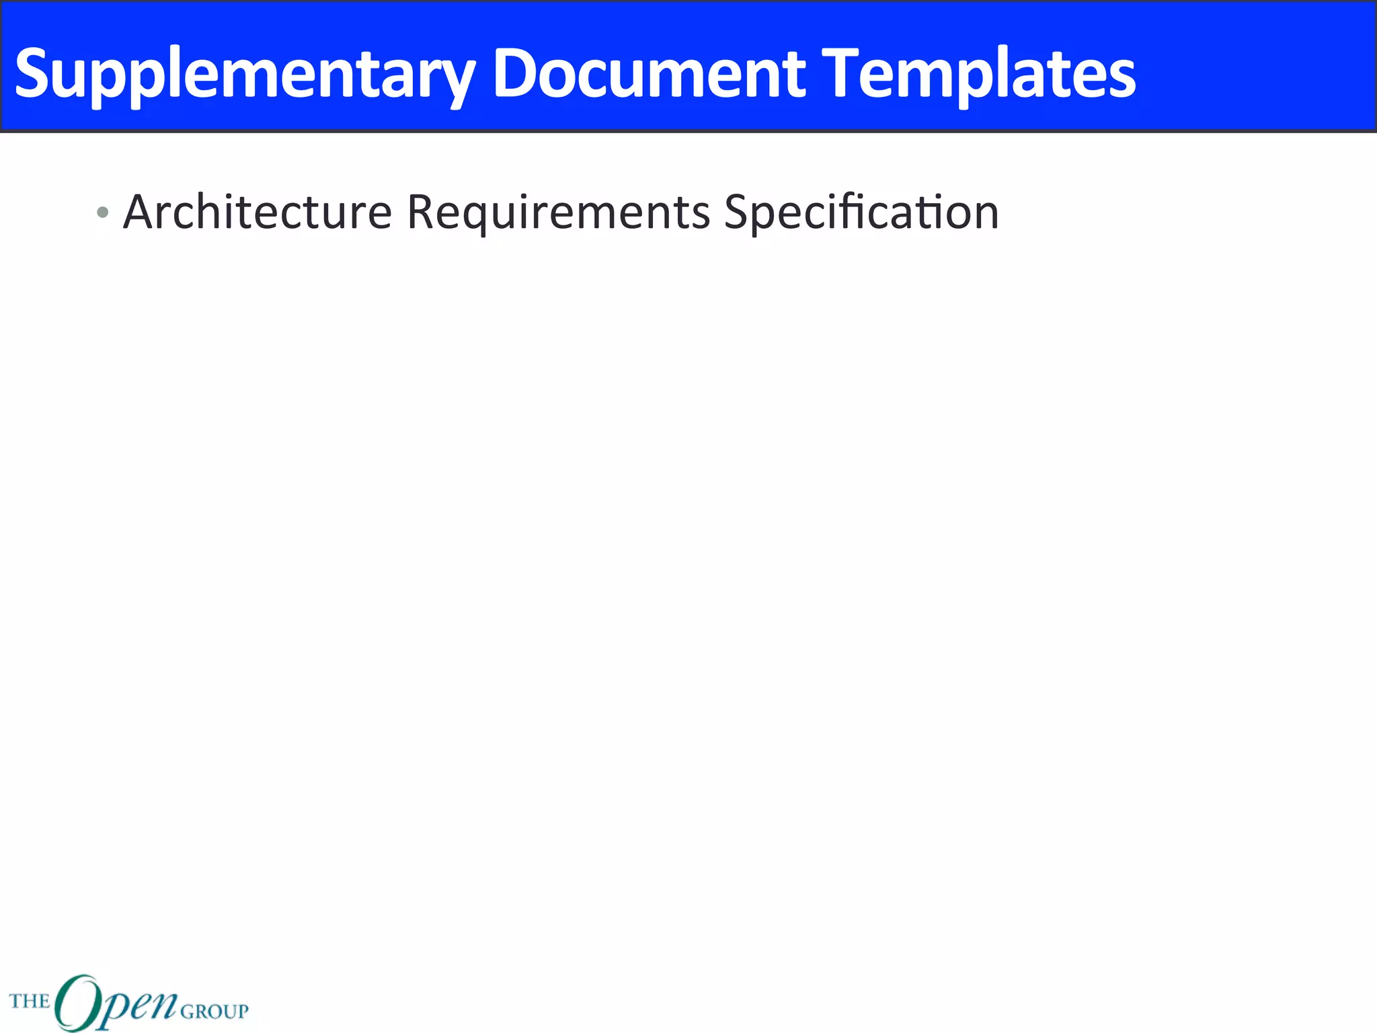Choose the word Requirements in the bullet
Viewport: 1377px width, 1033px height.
pyautogui.click(x=558, y=212)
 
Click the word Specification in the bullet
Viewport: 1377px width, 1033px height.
pyautogui.click(x=861, y=212)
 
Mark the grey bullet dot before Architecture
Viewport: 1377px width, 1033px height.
pyautogui.click(x=102, y=213)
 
